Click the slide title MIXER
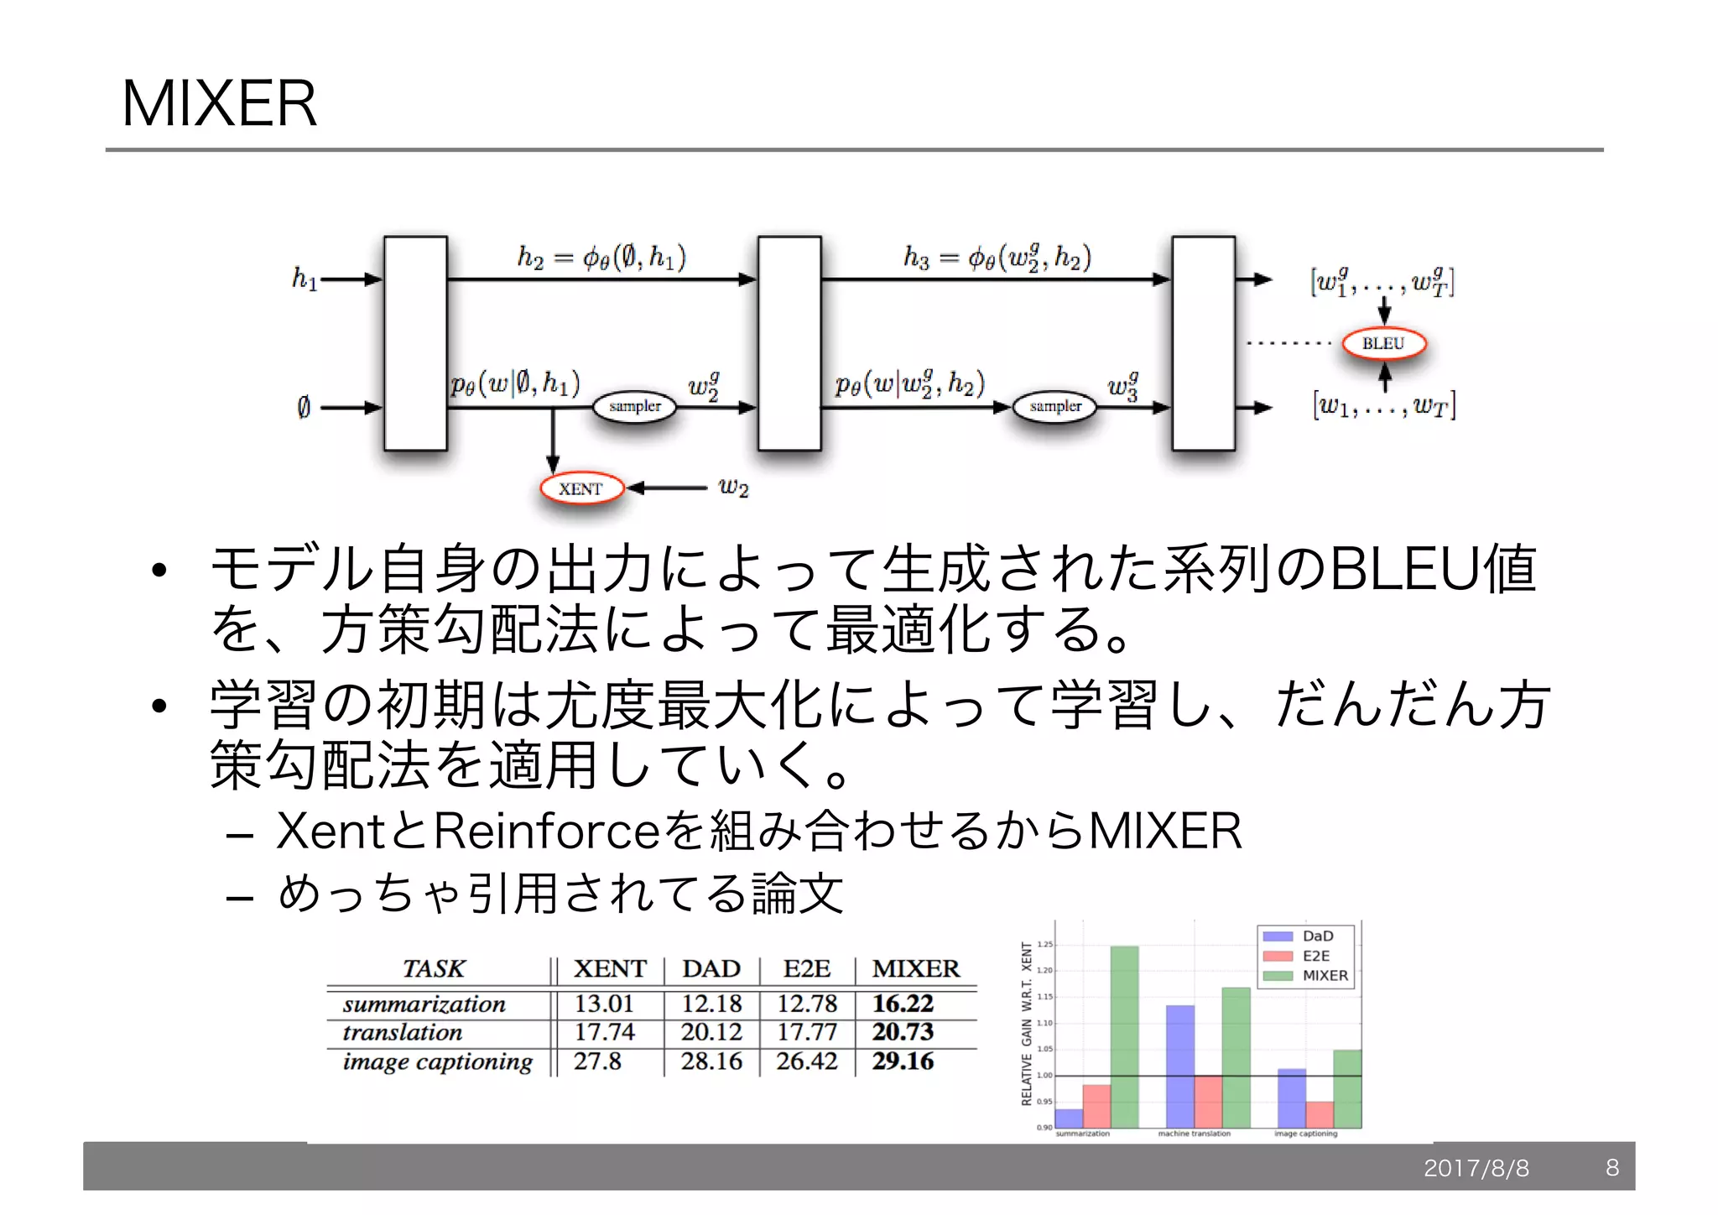[220, 103]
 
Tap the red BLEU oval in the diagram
[1383, 343]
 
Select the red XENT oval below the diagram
[581, 488]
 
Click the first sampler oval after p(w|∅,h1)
[635, 407]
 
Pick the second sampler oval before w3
[1055, 407]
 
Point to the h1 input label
[305, 278]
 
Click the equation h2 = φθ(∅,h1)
[601, 257]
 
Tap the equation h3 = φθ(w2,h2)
[997, 257]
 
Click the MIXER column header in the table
[915, 968]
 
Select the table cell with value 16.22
[903, 1004]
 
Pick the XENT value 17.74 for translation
[604, 1032]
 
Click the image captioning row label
[437, 1061]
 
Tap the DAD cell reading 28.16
[711, 1061]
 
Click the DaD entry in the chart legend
[1317, 936]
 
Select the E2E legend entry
[1315, 956]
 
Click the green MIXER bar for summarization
[1124, 1036]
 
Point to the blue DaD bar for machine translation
[1179, 1066]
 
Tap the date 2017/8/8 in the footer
[1476, 1168]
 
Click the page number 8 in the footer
[1612, 1167]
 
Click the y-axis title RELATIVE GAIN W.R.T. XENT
[1027, 1024]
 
